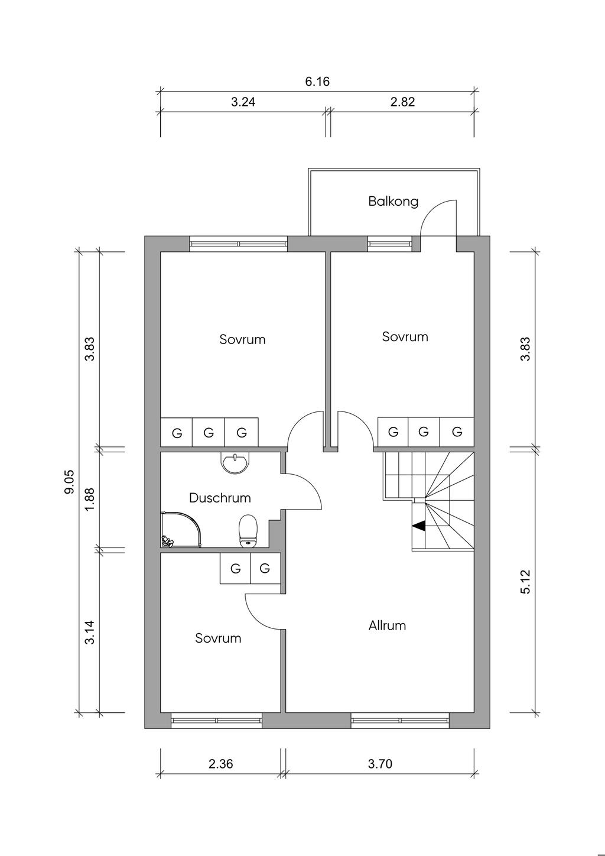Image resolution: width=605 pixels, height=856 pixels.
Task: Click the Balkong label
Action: pyautogui.click(x=393, y=202)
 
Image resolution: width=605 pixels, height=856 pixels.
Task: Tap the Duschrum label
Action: pyautogui.click(x=220, y=498)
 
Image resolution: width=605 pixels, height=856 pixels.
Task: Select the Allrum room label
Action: pyautogui.click(x=387, y=625)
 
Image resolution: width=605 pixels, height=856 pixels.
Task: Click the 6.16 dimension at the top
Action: pyautogui.click(x=317, y=82)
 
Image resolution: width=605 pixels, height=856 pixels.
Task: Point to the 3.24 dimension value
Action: pyautogui.click(x=243, y=102)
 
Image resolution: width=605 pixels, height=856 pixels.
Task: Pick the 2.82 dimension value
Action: pyautogui.click(x=402, y=102)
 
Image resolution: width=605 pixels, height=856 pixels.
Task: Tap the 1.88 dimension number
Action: pyautogui.click(x=89, y=500)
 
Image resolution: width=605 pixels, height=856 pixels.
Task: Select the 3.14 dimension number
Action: pyautogui.click(x=89, y=632)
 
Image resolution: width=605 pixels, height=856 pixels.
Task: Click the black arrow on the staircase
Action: pyautogui.click(x=419, y=526)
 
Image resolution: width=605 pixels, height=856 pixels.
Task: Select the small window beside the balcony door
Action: pyautogui.click(x=389, y=244)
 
